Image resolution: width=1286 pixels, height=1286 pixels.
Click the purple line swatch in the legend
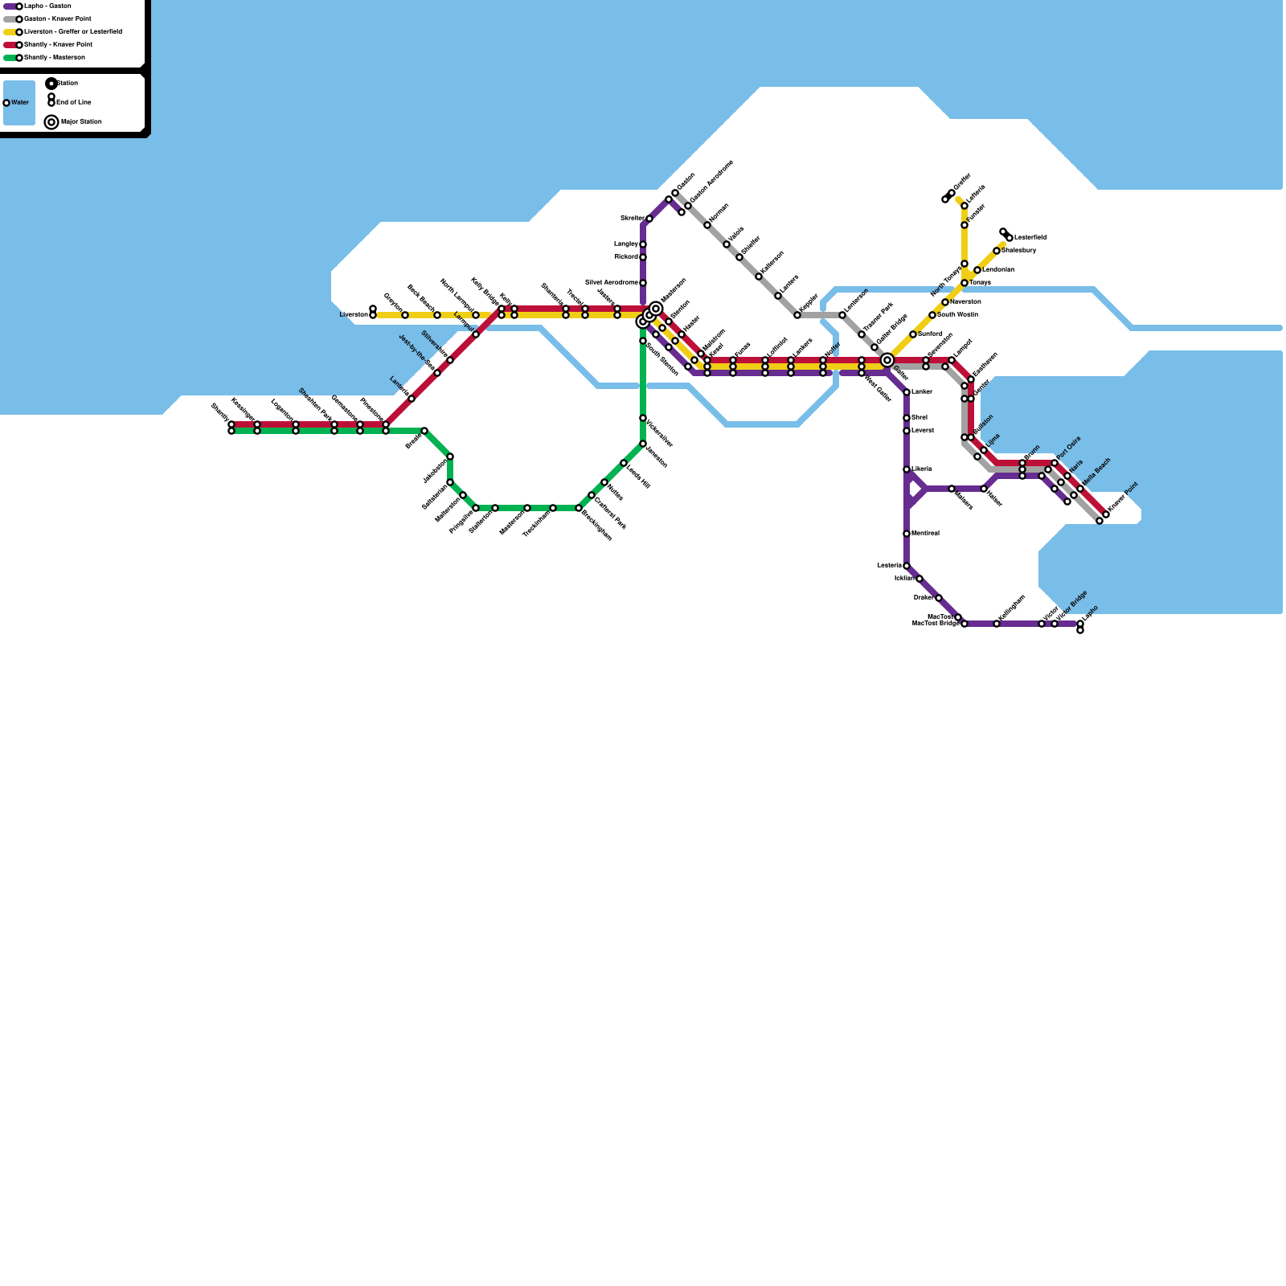(10, 6)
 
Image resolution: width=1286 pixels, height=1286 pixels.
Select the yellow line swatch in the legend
(10, 32)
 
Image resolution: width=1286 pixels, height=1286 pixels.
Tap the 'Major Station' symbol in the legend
(51, 122)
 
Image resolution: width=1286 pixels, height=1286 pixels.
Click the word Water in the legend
(20, 103)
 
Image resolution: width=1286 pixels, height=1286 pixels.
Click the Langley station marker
(643, 244)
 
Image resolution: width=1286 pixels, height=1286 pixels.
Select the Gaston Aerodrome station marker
(688, 207)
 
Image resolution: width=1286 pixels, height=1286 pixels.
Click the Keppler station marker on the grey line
(797, 315)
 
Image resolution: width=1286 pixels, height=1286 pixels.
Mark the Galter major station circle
(887, 360)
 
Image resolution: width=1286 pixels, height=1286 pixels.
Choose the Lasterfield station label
(1030, 238)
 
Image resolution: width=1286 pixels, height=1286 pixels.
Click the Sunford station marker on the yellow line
(913, 334)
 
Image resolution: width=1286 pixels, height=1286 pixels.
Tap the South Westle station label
(957, 315)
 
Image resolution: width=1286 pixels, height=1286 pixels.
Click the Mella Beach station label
(1096, 473)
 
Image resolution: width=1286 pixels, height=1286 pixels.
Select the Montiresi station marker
(907, 534)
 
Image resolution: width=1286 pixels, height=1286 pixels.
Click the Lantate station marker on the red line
(412, 399)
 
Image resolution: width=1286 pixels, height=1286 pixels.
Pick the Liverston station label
(354, 315)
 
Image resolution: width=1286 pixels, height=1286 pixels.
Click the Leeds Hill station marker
(624, 463)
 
